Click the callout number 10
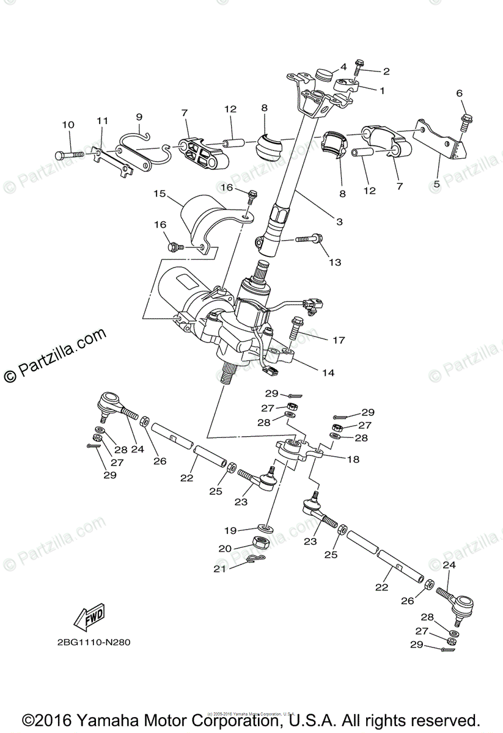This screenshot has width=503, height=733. coord(68,125)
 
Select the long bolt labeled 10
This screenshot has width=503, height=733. coord(71,155)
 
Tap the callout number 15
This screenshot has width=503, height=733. coord(160,194)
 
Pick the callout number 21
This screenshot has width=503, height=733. coord(220,569)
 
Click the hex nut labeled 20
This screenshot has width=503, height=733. coord(262,543)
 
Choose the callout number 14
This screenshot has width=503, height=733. coord(328,372)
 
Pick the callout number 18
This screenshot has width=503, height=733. coord(353,459)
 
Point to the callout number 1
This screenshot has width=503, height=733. coord(382,90)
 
